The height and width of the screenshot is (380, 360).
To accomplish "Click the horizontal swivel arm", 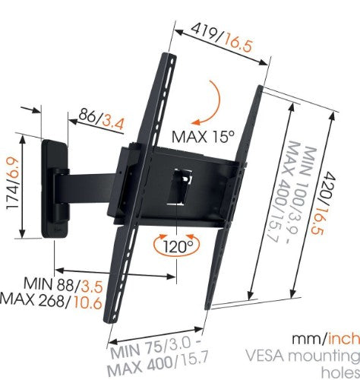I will pyautogui.click(x=91, y=183).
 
